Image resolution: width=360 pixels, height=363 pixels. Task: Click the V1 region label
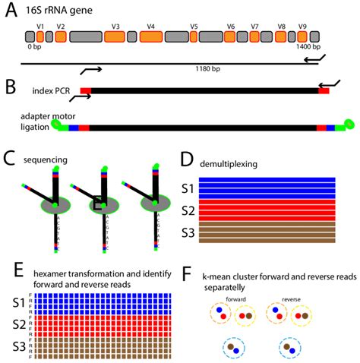(40, 26)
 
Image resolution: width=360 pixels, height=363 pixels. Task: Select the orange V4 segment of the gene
(150, 36)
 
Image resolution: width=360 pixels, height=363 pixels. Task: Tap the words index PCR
(54, 91)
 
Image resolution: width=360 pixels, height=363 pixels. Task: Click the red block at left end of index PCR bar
(85, 91)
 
